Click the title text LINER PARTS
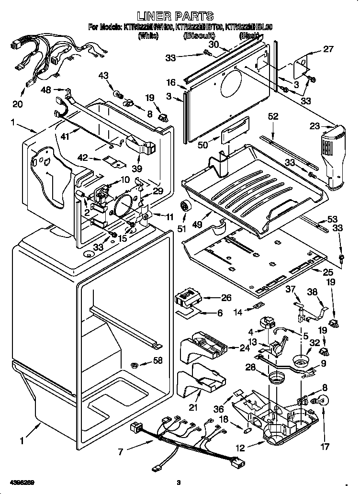180,17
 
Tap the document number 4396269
21,482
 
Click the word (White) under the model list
147,36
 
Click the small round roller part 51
184,207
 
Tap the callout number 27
327,49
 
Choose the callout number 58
157,360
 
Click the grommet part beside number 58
135,365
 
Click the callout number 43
104,76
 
